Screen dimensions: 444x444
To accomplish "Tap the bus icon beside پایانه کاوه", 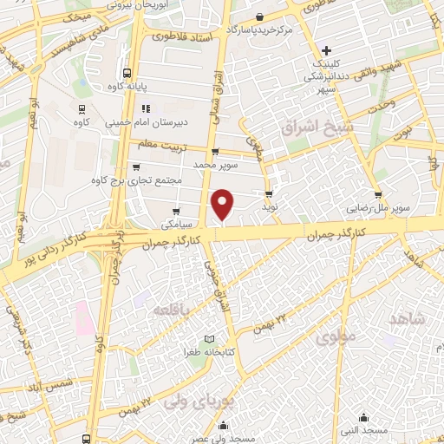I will tap(127, 74).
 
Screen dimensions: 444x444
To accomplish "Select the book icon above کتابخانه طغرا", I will tap(207, 338).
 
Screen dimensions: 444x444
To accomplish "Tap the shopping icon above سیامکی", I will tap(177, 211).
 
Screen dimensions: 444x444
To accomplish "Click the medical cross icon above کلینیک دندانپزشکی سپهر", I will tap(325, 51).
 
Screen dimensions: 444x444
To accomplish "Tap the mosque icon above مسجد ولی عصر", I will tap(225, 425).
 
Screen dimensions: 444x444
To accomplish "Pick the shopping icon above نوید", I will tap(269, 194).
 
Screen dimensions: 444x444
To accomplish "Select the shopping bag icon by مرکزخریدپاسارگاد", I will tap(260, 16).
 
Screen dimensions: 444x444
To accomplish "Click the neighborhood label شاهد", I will tap(409, 319).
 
